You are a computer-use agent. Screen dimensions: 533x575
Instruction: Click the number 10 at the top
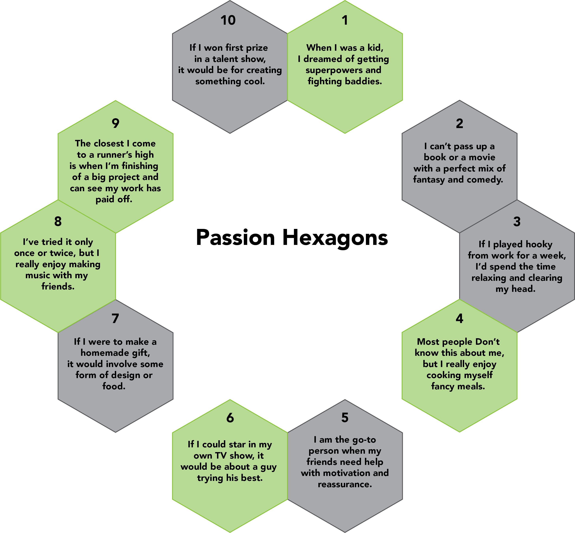[228, 20]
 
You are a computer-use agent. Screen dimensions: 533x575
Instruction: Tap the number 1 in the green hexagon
[345, 20]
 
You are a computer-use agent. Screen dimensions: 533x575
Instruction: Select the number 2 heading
[459, 124]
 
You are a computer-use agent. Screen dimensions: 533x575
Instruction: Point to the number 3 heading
[517, 221]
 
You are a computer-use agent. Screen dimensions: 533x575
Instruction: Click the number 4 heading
[459, 318]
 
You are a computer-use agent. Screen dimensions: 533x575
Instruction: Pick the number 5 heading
[345, 417]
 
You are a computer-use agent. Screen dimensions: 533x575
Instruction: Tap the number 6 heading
[230, 417]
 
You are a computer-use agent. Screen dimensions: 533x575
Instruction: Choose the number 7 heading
[115, 318]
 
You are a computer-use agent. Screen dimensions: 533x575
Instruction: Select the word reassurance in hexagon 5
[345, 484]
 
